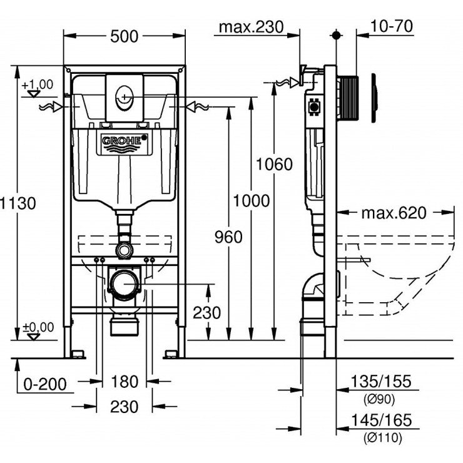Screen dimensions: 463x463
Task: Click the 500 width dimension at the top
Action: tap(125, 36)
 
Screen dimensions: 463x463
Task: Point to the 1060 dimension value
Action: tap(273, 165)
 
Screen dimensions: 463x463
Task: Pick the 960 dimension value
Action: tap(229, 238)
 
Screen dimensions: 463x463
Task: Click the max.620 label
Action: tap(394, 213)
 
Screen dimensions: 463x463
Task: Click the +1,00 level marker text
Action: tap(38, 84)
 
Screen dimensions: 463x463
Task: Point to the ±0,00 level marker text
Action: tap(38, 327)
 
